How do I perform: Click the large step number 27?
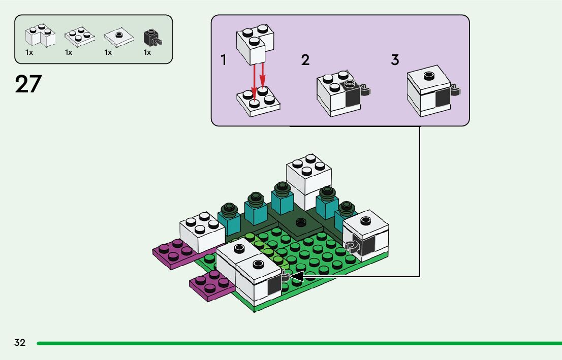tap(27, 84)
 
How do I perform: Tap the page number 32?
tap(20, 343)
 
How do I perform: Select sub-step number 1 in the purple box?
tap(223, 60)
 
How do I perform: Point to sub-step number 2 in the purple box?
tap(305, 60)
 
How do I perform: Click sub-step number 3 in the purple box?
tap(395, 60)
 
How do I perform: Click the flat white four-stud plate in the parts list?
tap(80, 37)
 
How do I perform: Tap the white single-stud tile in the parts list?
tap(119, 37)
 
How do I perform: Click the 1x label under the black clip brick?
tap(147, 52)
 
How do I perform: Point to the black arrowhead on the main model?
tap(296, 277)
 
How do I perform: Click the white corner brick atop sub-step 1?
tap(255, 43)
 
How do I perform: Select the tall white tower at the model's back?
tap(308, 180)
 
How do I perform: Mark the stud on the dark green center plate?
tap(301, 221)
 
